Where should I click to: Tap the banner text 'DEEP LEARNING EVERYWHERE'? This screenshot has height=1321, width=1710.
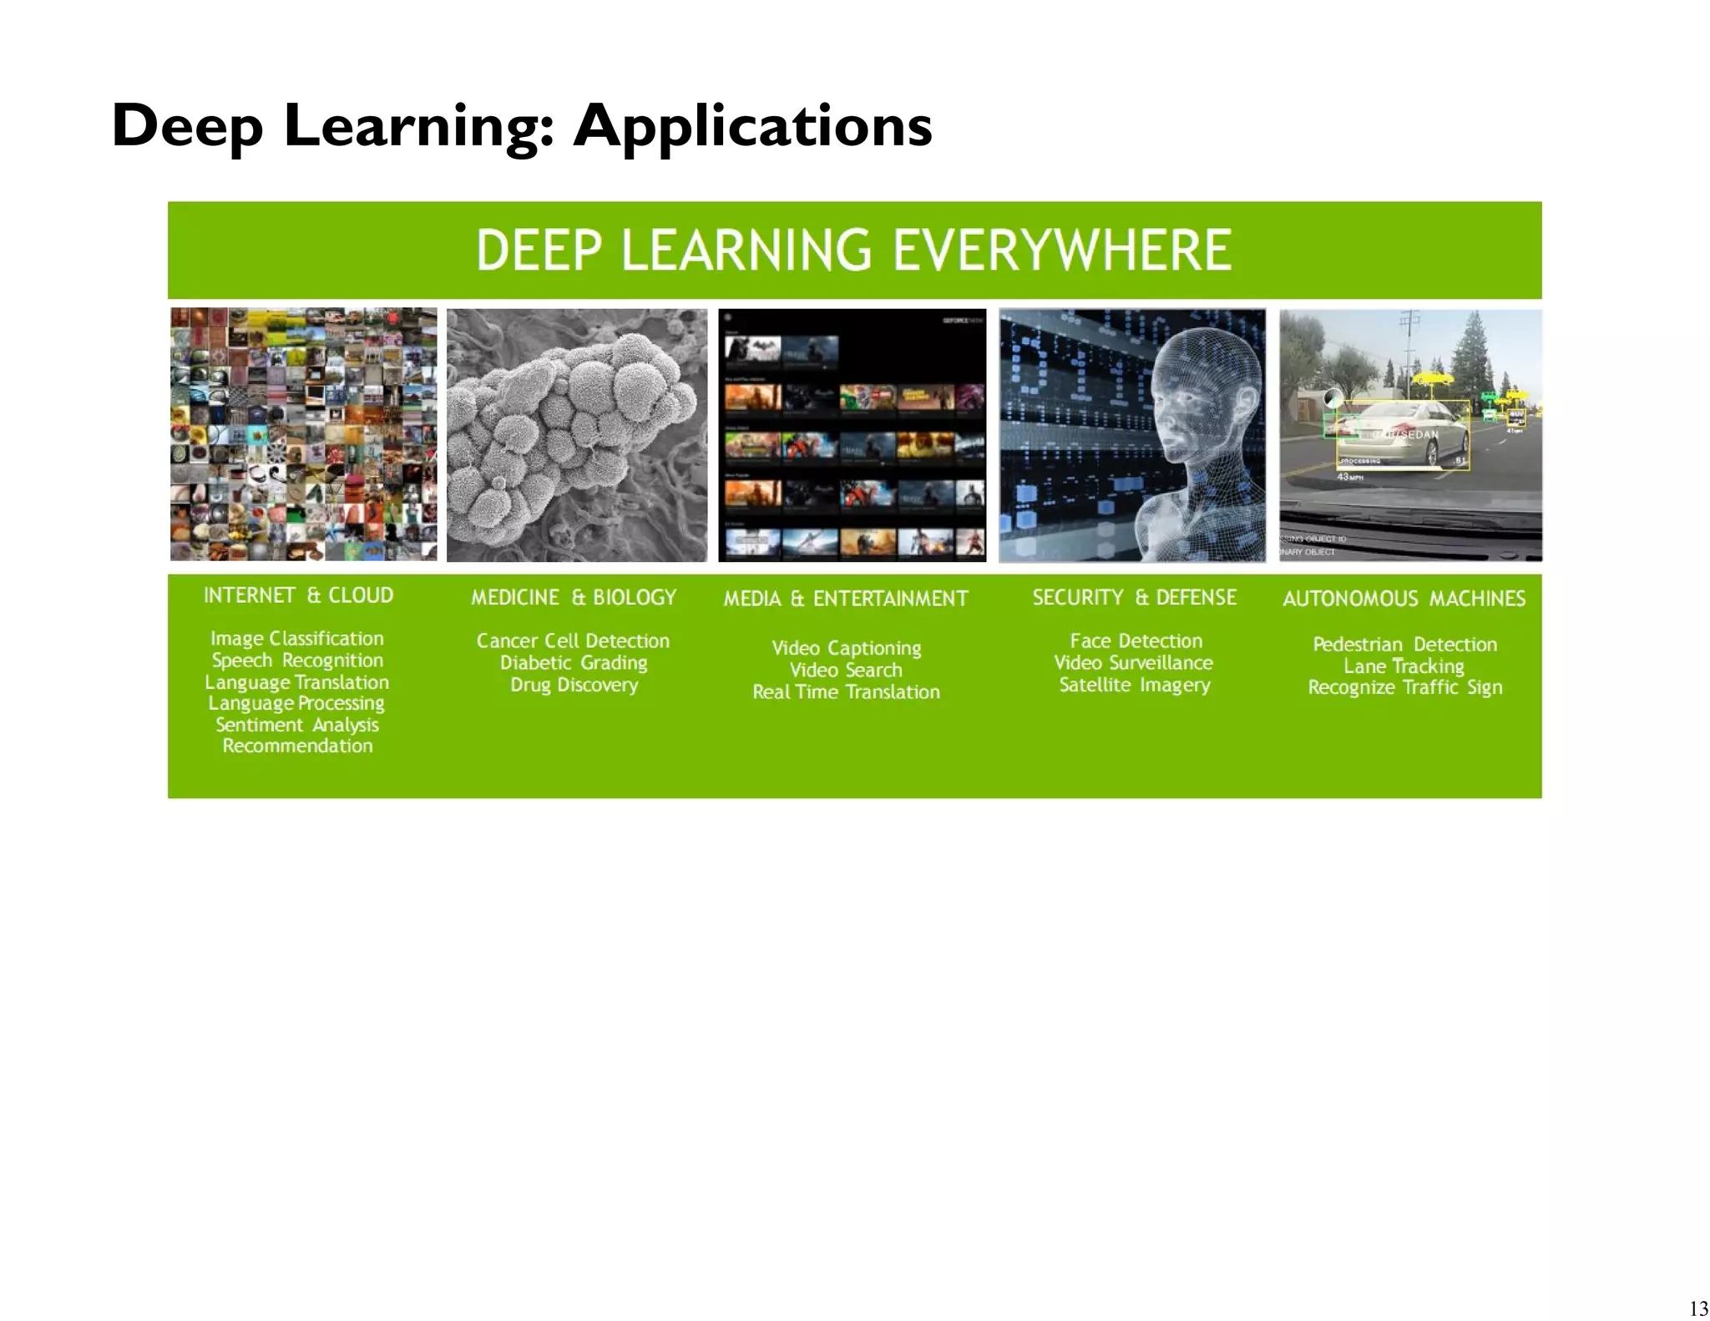853,250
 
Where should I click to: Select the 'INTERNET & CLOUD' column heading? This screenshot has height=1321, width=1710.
298,595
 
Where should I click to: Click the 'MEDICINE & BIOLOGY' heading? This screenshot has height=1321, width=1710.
574,598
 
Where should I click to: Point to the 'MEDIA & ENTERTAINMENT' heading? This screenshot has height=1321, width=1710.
846,599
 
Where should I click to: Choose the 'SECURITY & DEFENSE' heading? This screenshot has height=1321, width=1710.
1134,598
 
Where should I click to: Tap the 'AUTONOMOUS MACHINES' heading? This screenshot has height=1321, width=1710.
1404,599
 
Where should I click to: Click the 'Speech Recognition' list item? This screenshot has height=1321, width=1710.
297,660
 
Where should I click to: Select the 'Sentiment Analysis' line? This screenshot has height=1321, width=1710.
297,725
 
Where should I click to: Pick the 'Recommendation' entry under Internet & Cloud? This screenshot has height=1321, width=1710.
297,746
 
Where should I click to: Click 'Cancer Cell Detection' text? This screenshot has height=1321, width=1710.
573,641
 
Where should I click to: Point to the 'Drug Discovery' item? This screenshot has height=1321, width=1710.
574,685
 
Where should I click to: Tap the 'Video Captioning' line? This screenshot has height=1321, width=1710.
846,648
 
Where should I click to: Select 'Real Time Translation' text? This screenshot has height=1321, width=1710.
846,692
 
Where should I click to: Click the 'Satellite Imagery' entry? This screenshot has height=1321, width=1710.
1134,685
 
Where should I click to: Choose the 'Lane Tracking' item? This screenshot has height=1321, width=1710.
1404,666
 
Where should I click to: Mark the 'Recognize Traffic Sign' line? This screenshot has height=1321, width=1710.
1404,687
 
